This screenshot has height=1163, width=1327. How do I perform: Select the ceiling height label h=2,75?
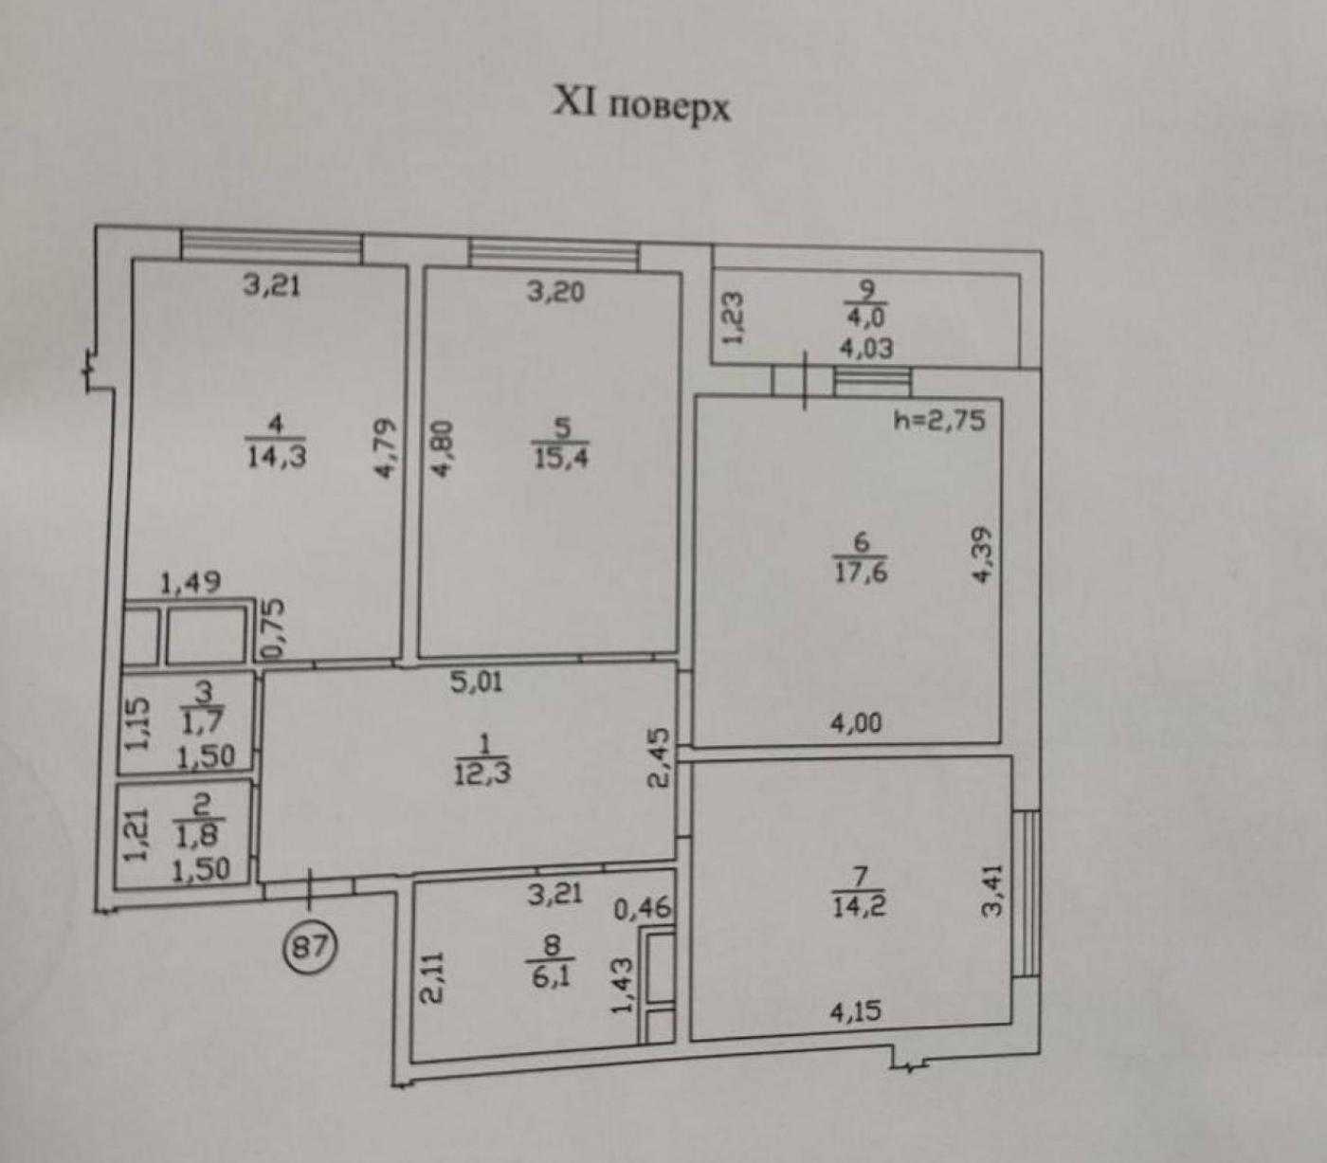[940, 420]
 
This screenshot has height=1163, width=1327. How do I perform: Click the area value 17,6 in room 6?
[861, 572]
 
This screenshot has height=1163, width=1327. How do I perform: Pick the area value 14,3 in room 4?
[277, 457]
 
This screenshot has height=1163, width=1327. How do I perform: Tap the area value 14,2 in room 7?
[860, 907]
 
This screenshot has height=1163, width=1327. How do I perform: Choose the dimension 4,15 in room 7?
[856, 1012]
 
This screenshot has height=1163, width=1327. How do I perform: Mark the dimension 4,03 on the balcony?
[866, 347]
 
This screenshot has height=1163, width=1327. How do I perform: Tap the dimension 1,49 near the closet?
[191, 583]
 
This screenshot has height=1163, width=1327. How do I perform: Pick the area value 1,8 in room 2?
[200, 835]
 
